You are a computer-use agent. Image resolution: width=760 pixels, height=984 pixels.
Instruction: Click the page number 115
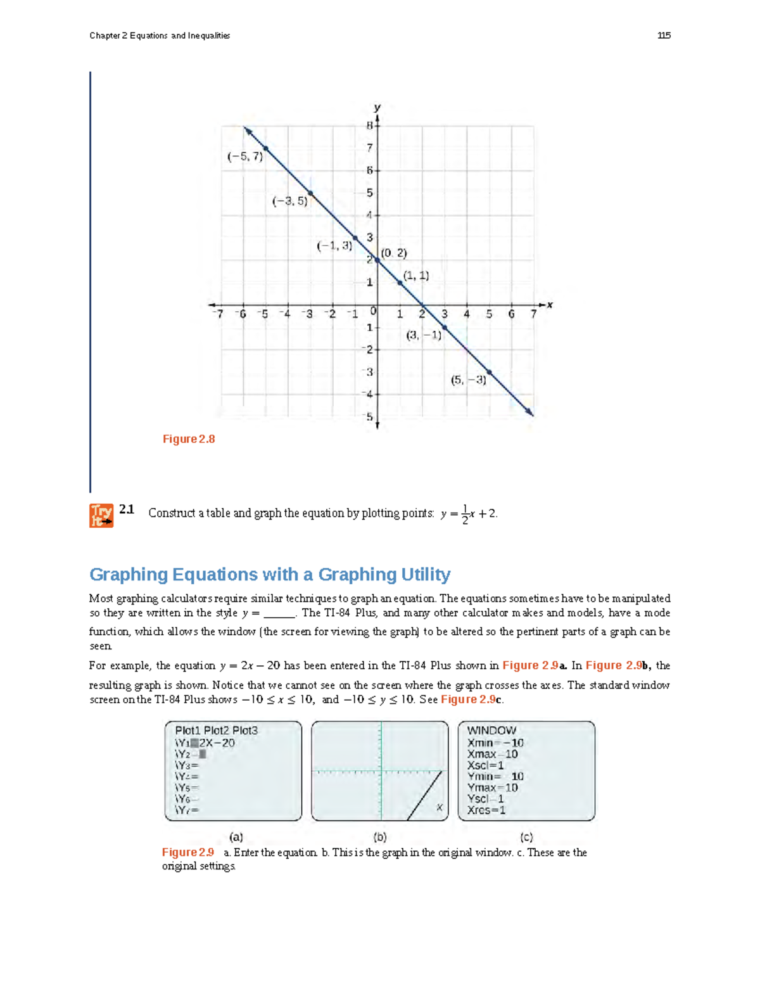664,35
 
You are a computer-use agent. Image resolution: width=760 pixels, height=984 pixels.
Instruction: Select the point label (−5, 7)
245,157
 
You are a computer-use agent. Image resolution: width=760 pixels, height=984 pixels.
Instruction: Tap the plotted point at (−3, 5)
310,193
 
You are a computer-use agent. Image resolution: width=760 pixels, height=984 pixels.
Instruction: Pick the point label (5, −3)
469,380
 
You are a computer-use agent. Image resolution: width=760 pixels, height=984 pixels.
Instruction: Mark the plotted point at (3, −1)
445,328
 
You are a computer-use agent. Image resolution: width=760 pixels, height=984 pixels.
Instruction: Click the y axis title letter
377,107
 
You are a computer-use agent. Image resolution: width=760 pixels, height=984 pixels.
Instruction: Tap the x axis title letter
550,305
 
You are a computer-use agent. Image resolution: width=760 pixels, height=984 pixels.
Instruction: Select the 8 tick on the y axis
370,125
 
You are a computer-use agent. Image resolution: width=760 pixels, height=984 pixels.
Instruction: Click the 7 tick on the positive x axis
533,314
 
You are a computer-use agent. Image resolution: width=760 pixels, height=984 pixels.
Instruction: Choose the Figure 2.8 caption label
189,439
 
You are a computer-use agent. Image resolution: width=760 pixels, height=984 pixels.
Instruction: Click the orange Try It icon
101,515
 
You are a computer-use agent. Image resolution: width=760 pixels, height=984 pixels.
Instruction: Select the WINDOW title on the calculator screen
491,731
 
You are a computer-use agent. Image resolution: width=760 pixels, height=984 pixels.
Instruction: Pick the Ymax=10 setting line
493,788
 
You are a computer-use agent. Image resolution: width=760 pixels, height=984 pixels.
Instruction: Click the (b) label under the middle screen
379,837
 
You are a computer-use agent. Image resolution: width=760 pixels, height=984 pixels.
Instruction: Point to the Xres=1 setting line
486,810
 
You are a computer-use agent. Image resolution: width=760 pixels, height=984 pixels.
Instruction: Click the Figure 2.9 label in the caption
188,853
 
